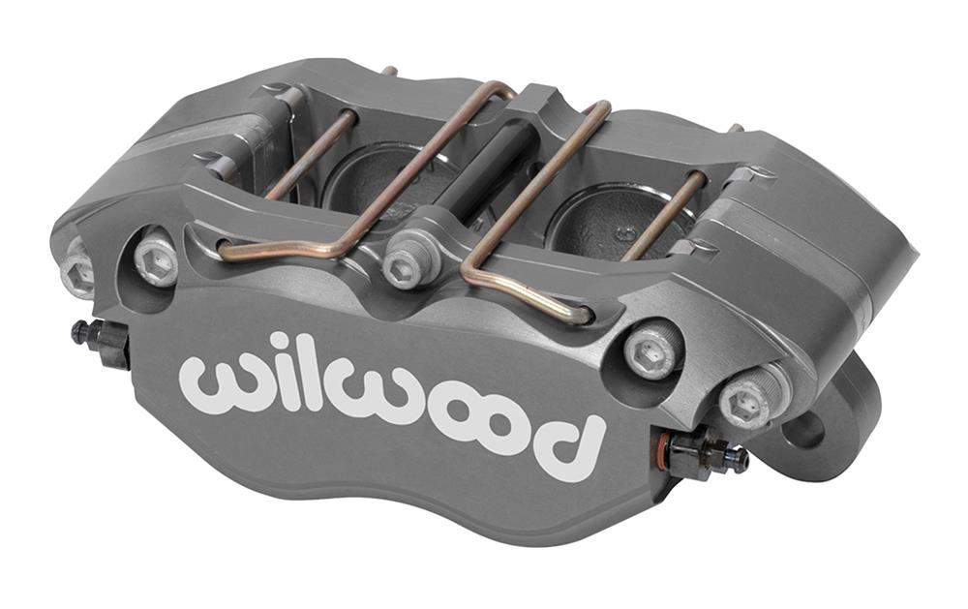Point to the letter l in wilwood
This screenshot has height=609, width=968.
[x=299, y=373]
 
